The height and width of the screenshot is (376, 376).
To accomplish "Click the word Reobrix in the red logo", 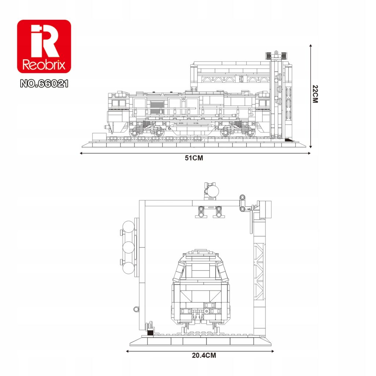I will click(x=44, y=65).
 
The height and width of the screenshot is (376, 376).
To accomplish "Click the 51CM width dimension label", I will click(x=194, y=158).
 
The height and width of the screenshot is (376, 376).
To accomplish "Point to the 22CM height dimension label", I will click(x=315, y=94).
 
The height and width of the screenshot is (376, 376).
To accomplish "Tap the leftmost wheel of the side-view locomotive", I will click(x=134, y=133).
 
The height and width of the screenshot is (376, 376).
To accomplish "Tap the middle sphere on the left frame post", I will click(x=129, y=247).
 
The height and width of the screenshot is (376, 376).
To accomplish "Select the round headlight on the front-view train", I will click(x=207, y=311).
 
